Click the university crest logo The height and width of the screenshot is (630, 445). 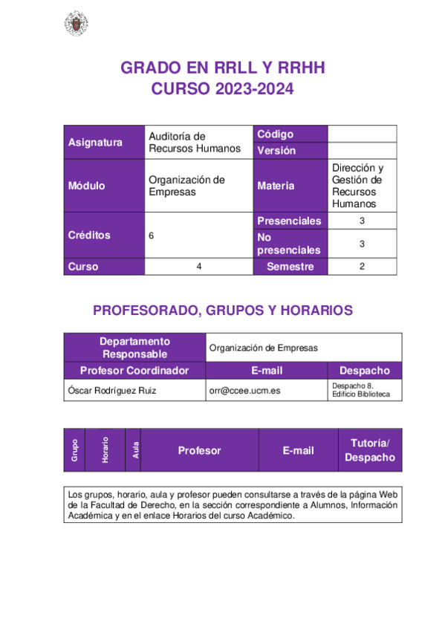[x=75, y=25]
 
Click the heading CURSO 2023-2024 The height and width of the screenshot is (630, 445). [x=223, y=90]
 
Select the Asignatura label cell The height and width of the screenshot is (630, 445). [x=95, y=143]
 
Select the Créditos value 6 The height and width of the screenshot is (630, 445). [x=152, y=236]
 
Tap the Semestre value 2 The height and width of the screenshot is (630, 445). [x=362, y=267]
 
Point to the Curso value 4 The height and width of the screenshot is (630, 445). [x=199, y=267]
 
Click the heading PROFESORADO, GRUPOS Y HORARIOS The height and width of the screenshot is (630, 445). [x=223, y=311]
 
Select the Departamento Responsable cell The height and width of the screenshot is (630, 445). [x=135, y=347]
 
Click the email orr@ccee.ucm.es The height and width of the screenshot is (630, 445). [x=245, y=389]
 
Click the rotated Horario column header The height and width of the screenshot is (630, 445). [x=105, y=449]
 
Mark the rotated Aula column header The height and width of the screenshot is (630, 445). [x=134, y=449]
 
